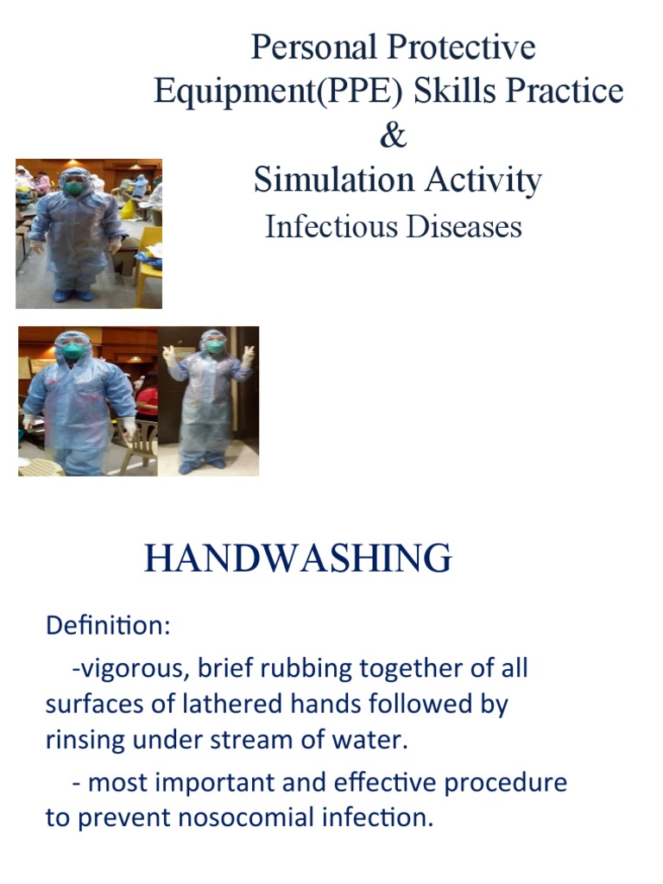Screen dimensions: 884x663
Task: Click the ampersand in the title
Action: point(393,136)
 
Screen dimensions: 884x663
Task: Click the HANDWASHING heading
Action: point(298,559)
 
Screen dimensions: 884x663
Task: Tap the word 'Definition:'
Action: point(108,627)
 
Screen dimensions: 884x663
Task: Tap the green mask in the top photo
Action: point(74,187)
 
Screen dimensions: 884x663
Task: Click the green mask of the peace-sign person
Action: point(215,347)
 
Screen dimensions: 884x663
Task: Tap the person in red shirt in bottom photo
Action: point(148,400)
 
